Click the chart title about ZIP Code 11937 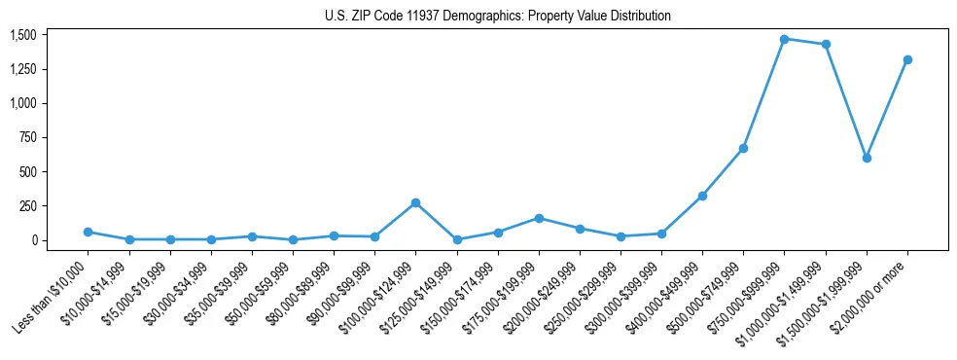coord(497,17)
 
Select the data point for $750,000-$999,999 coord(784,39)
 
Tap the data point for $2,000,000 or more coord(907,59)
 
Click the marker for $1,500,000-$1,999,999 coord(867,158)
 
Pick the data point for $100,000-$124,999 coord(415,202)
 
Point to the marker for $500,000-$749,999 coord(743,148)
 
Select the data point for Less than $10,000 coord(88,232)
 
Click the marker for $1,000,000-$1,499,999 coord(826,44)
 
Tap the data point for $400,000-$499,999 coord(702,196)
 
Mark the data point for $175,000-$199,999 coord(538,218)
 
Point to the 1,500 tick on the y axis coord(22,35)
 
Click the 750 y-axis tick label coord(27,137)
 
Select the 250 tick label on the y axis coord(27,206)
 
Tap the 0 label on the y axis coord(34,240)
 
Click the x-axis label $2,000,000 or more coord(871,282)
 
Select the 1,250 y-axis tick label coord(22,69)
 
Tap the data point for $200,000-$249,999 coord(580,229)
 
